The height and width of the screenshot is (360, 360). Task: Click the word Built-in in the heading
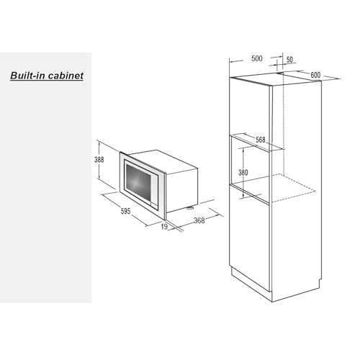[28, 76]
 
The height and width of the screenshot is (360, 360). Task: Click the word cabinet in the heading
[66, 76]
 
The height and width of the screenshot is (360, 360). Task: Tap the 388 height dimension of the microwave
[99, 160]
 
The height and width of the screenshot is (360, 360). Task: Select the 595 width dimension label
[125, 211]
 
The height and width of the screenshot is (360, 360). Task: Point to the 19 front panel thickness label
[164, 227]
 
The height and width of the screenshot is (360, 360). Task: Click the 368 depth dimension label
[199, 220]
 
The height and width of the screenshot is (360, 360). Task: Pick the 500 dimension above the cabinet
[257, 58]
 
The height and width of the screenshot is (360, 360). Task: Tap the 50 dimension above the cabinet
[289, 60]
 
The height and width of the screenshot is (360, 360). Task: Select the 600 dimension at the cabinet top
[315, 75]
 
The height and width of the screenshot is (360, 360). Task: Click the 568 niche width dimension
[261, 140]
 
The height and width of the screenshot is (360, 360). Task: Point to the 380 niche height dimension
[243, 172]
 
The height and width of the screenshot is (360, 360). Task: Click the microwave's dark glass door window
[138, 184]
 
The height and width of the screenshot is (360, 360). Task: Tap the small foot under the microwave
[189, 207]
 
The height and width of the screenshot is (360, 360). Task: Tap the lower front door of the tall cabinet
[250, 238]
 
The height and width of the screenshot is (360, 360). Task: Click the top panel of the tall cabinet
[276, 78]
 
